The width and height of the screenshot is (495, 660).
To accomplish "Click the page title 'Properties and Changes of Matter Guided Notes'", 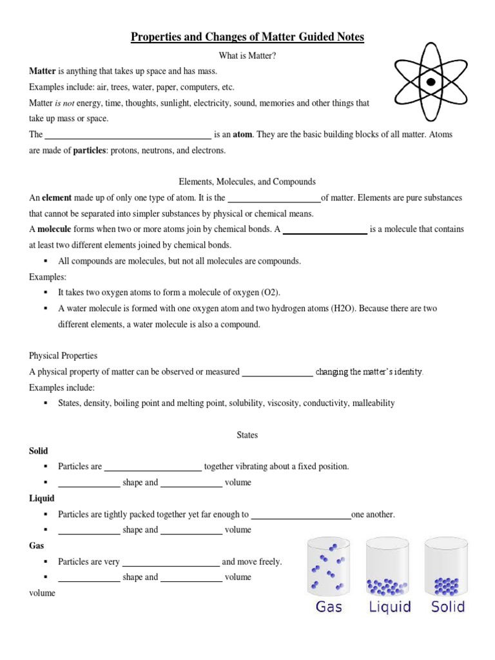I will click(247, 37).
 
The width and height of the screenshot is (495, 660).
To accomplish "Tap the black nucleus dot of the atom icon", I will click(431, 82).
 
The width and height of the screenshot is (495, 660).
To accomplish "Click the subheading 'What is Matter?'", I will click(247, 56).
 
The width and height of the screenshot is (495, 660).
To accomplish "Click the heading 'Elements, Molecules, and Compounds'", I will click(247, 182).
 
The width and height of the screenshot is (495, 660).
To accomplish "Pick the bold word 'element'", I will click(57, 198).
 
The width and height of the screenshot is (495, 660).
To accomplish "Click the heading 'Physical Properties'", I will click(63, 356).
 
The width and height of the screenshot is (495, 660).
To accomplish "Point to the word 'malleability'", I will click(373, 403).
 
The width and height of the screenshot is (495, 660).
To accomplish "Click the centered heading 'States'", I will click(247, 435).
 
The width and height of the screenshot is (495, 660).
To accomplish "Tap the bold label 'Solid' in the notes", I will click(39, 451).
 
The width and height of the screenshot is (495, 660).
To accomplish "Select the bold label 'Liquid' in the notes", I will click(42, 498).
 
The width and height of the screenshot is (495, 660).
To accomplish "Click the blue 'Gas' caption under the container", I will click(329, 607).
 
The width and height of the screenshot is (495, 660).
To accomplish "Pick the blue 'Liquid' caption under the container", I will click(389, 607).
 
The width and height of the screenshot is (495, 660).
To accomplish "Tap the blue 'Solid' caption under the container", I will click(448, 607).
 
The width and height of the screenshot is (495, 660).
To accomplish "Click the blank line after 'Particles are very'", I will click(171, 565).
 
